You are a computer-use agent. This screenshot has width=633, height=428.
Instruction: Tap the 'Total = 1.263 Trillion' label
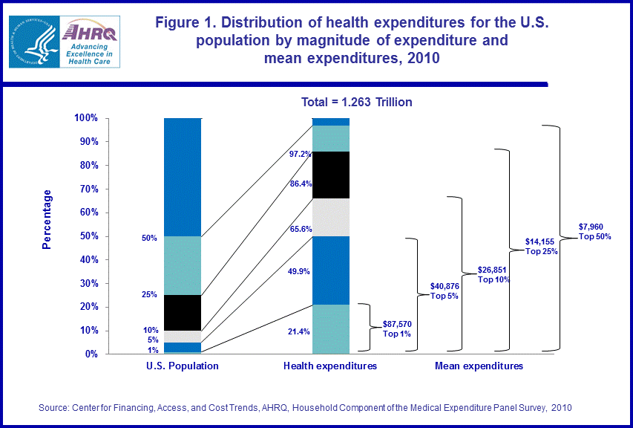point(356,102)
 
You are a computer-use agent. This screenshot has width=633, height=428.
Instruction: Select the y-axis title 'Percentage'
point(47,219)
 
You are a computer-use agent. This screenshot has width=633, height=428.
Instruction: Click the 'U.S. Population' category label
point(182,366)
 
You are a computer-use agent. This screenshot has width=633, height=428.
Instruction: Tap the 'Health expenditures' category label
point(330,366)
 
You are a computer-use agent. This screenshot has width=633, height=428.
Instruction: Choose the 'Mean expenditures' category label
point(479,366)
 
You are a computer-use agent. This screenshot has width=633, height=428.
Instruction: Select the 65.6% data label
point(299,230)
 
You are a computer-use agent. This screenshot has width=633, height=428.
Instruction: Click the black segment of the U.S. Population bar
point(182,313)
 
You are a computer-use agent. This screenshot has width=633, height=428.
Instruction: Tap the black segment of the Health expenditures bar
point(330,175)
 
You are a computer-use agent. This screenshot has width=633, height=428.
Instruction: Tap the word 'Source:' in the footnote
point(56,408)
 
